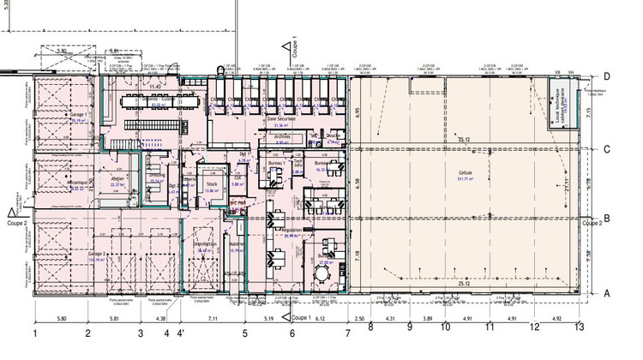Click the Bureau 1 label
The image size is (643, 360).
(x=276, y=162)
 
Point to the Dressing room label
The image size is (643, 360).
(x=157, y=175)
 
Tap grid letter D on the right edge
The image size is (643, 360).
(x=606, y=77)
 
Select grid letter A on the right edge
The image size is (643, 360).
(x=606, y=292)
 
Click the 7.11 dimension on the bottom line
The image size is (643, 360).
(x=212, y=318)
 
